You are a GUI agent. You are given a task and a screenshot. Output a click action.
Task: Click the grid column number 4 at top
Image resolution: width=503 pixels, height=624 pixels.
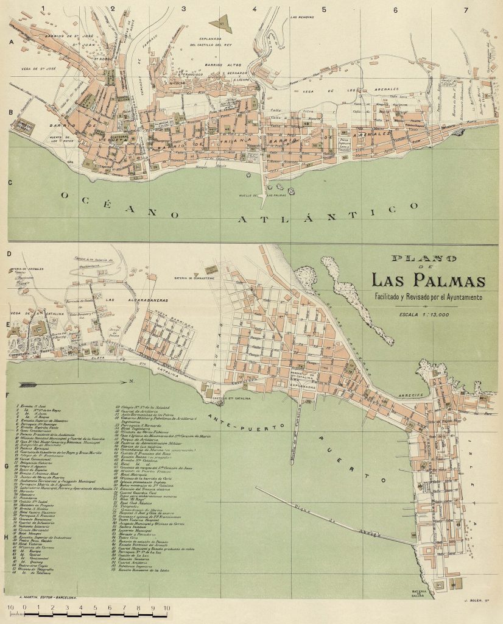(254, 9)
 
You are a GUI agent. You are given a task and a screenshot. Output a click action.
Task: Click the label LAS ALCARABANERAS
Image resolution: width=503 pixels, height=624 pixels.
(128, 300)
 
